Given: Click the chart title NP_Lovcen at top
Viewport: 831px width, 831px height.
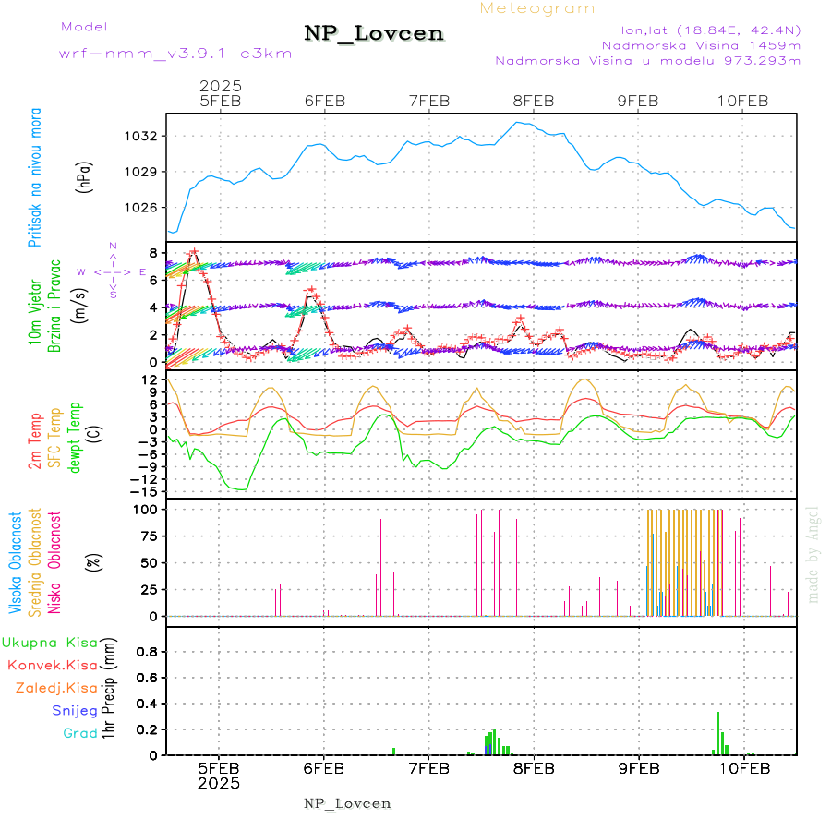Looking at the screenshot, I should coord(374,34).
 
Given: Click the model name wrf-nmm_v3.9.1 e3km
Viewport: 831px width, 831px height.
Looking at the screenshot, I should coord(175,53).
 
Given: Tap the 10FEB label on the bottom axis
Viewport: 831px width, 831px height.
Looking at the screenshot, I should coord(743,768).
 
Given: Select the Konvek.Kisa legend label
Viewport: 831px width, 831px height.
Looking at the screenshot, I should coord(52,665).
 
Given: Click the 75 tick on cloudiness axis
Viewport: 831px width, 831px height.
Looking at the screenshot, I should coord(149,536).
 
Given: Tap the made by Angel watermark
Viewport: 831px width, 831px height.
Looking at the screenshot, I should coord(813,554).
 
